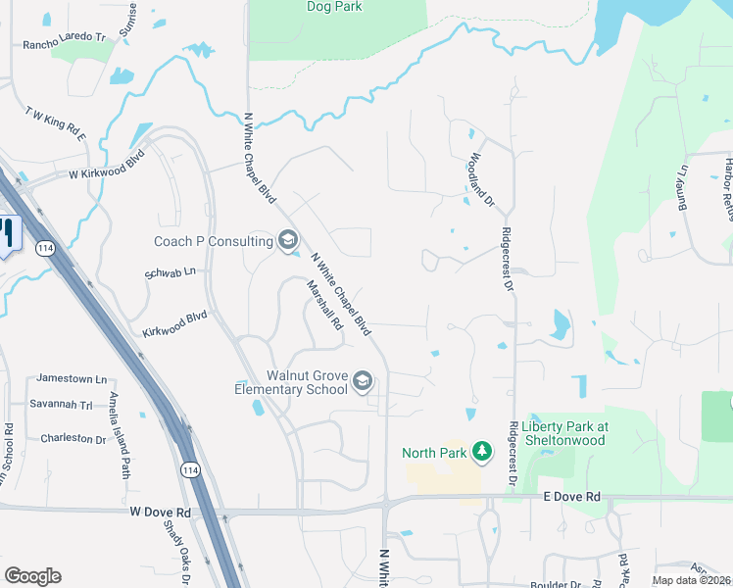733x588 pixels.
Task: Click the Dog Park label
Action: click(334, 7)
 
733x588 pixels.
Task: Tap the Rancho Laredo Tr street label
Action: click(64, 42)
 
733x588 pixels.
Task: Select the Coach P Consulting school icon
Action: click(288, 240)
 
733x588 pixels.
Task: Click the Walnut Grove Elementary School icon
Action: click(362, 380)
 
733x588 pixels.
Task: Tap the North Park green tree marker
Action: click(481, 451)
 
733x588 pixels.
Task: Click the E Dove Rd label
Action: click(571, 498)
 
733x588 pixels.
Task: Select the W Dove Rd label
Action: click(161, 511)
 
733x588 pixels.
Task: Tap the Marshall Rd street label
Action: click(323, 306)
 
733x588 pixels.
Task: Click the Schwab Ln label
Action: click(171, 271)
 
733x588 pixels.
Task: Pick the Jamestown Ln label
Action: click(72, 378)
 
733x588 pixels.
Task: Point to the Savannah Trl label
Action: click(65, 405)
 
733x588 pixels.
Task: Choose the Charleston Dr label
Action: click(73, 438)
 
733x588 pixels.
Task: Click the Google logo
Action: click(32, 575)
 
